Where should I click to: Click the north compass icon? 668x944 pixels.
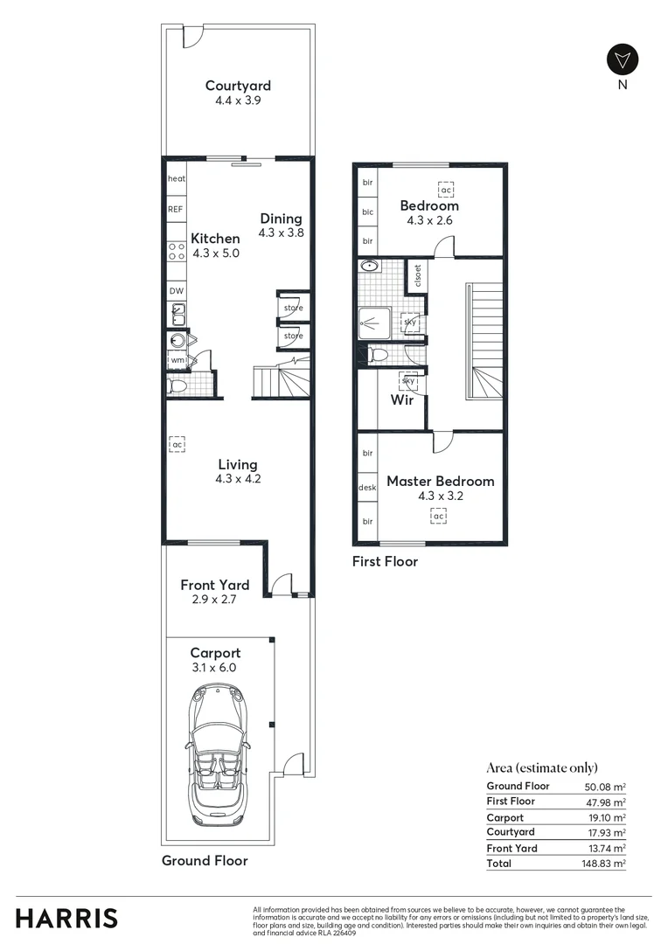coord(623,59)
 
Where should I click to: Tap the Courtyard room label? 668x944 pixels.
coord(238,86)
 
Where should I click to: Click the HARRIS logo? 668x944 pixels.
coord(66,918)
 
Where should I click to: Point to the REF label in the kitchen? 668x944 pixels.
coord(176,210)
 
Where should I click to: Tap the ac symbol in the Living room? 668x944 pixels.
coord(177,444)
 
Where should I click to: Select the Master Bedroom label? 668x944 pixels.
coord(440,481)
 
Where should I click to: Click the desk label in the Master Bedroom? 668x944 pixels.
coord(367,488)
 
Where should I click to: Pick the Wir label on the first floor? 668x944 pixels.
coord(401,400)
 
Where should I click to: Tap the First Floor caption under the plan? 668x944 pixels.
coord(385,561)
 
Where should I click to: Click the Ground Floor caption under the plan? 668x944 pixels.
coord(205,860)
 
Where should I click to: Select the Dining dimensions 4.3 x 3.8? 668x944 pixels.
coord(281,233)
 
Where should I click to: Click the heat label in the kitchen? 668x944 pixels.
coord(177,178)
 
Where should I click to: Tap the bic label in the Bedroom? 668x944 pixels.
coord(367,212)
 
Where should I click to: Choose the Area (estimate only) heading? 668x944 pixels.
coord(541,767)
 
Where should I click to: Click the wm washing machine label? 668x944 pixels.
coord(177,359)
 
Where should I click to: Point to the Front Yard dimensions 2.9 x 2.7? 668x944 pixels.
coord(214,600)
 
